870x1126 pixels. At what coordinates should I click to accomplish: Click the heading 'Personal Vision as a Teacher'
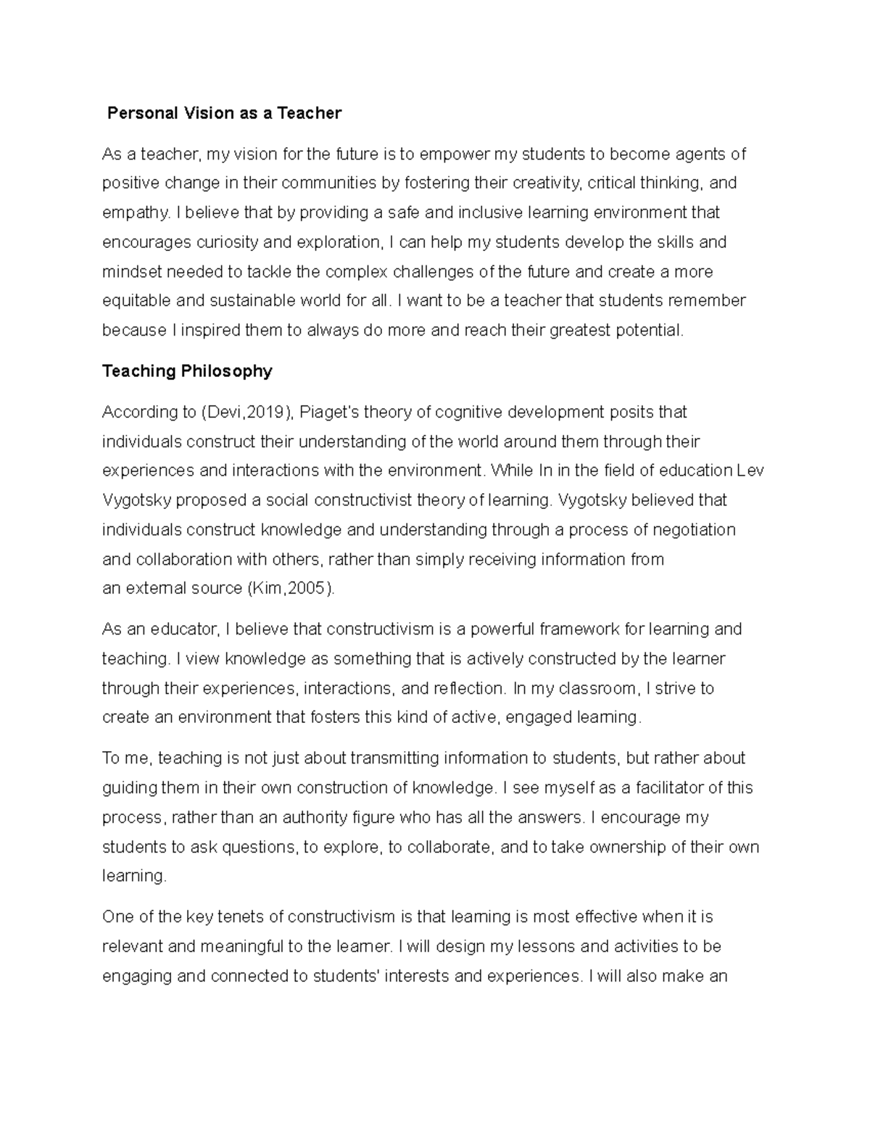(224, 113)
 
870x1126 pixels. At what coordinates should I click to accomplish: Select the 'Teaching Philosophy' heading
(187, 371)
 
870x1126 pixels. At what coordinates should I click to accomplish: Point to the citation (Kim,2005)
(291, 589)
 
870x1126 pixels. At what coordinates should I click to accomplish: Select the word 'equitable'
(136, 301)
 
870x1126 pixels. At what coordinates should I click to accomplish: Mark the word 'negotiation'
(694, 530)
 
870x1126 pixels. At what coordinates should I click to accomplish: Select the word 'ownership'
(618, 847)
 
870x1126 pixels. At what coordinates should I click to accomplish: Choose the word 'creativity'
(547, 183)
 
